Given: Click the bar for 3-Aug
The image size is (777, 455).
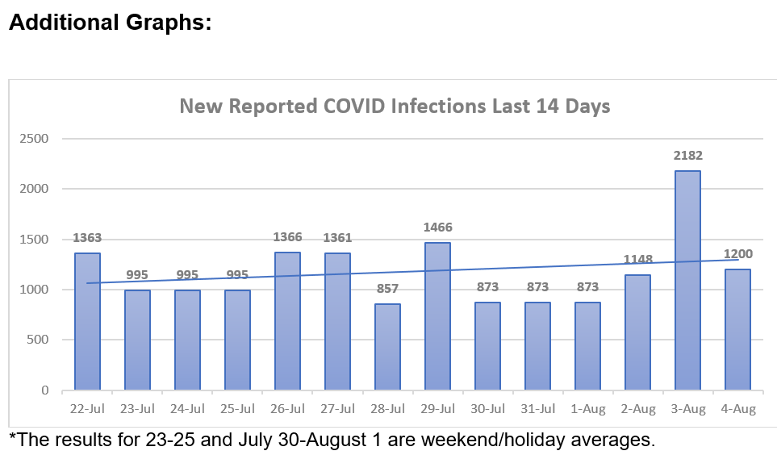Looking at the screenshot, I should click(687, 281).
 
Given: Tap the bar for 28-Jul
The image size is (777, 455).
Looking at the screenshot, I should click(387, 347).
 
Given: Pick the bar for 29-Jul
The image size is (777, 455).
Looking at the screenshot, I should click(437, 316).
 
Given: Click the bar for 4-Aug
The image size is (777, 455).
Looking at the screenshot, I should click(737, 329).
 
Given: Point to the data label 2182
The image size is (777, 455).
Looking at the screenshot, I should click(687, 155).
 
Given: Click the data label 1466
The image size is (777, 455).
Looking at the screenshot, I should click(437, 227).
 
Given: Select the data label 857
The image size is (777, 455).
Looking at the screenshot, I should click(387, 289).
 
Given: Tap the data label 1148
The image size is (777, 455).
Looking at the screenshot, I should click(637, 260).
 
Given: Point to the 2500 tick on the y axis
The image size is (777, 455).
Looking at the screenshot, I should click(33, 139).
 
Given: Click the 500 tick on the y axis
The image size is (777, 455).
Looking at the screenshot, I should click(37, 340).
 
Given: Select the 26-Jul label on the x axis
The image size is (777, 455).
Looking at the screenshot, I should click(287, 409).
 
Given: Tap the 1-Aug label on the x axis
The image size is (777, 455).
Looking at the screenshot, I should click(587, 409).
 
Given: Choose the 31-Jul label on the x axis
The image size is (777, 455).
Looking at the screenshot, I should click(537, 409).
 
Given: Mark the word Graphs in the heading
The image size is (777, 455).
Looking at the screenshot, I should click(166, 23).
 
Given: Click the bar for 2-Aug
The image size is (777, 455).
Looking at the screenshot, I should click(637, 332).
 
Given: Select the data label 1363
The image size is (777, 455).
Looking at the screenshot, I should click(87, 238).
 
